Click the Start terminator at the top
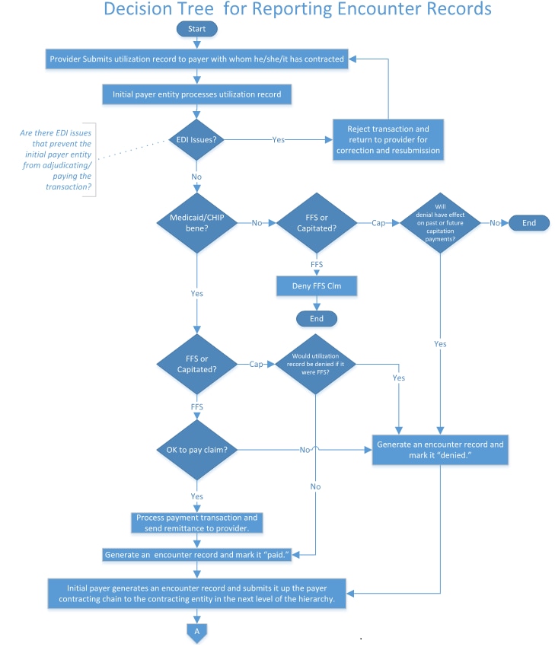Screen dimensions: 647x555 (197, 28)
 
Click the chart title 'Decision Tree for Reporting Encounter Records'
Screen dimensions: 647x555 (297, 10)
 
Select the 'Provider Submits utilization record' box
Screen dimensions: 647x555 (197, 59)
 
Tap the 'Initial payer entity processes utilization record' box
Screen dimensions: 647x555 (197, 94)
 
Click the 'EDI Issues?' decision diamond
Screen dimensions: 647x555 (197, 139)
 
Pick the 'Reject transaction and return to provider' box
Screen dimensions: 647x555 (388, 140)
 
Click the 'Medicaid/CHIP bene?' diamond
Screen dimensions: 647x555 (197, 224)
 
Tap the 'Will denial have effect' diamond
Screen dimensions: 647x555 (441, 222)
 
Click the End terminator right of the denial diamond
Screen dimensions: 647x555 (528, 222)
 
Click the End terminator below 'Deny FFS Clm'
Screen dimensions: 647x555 (316, 317)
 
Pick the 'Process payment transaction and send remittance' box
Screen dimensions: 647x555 (197, 522)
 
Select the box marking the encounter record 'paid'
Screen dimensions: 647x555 (197, 554)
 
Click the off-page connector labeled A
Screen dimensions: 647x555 (197, 632)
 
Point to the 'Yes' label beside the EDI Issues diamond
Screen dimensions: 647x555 (279, 140)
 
